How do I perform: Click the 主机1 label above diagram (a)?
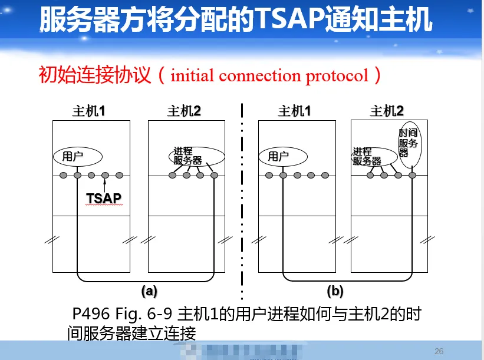pos(88,111)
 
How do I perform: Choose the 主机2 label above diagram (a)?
pos(184,111)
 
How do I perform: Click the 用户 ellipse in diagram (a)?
pos(78,156)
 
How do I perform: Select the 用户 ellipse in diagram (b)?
pos(283,156)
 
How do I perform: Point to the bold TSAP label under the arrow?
pos(104,198)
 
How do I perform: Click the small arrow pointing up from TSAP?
pos(105,184)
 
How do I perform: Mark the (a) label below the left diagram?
pos(149,290)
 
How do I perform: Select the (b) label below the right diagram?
pos(335,290)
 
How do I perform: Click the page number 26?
pos(439,351)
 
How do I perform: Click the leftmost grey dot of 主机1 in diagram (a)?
pos(64,175)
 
